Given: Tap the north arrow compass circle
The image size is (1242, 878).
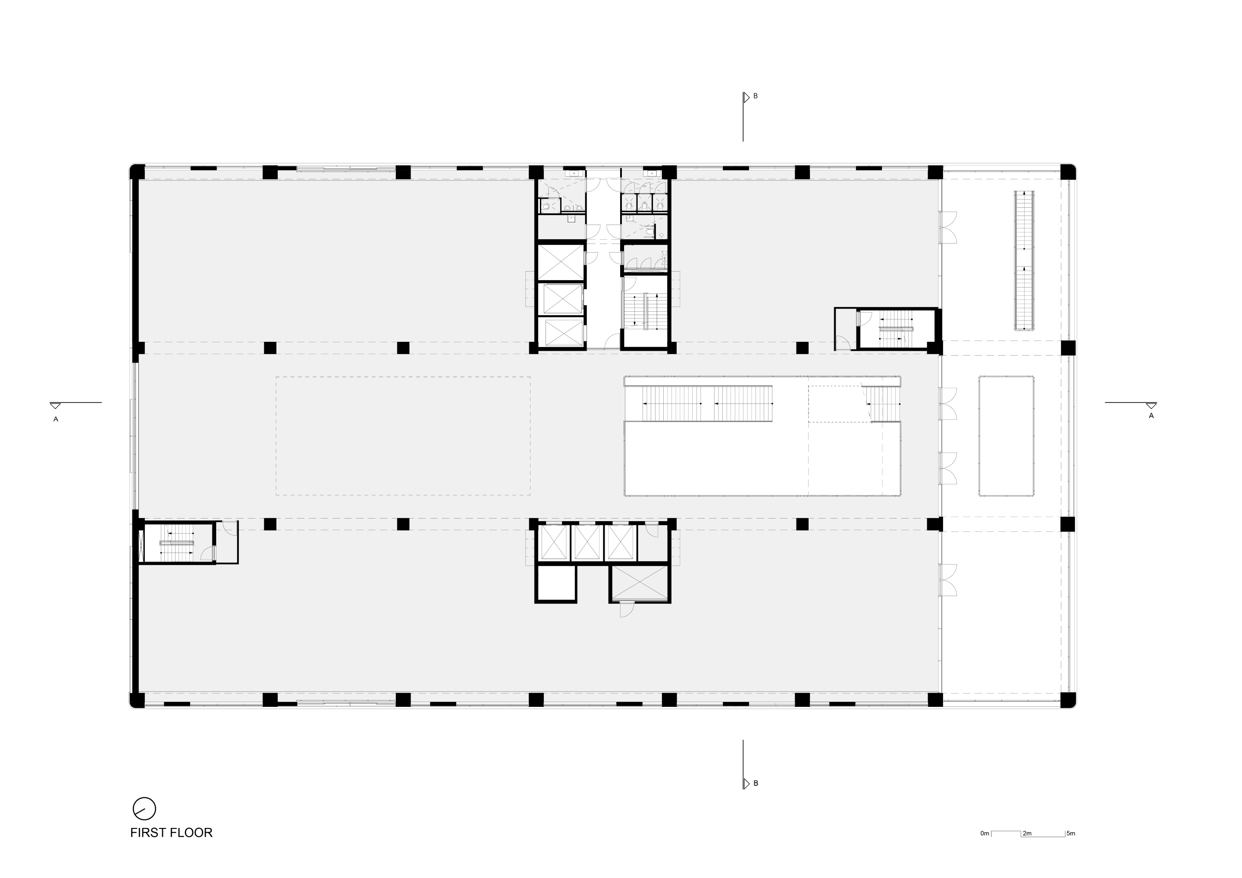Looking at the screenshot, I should (144, 809).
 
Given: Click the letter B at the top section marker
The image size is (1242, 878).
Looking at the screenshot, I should (756, 96).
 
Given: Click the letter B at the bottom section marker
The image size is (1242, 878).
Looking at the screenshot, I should (756, 783).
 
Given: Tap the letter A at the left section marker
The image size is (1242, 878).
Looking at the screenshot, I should (56, 419).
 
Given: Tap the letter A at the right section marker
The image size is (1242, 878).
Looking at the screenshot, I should (1151, 416).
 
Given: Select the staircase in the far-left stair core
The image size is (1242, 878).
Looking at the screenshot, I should (176, 542).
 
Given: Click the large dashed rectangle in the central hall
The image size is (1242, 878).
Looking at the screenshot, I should (403, 436).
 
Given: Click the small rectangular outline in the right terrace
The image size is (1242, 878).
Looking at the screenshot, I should (1006, 436).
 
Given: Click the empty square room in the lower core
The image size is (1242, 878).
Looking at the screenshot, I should (556, 583).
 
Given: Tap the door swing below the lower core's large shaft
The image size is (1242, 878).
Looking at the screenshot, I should (627, 610).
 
